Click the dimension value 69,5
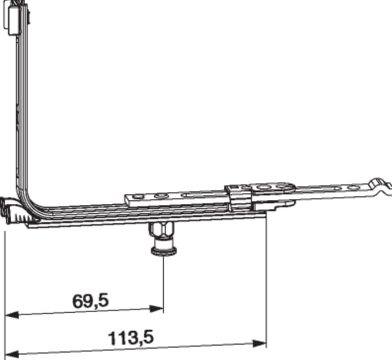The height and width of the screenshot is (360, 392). click(x=90, y=301)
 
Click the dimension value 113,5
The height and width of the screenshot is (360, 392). click(x=131, y=338)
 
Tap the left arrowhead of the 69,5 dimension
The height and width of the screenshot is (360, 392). click(x=12, y=315)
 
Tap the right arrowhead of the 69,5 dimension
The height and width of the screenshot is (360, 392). click(x=156, y=309)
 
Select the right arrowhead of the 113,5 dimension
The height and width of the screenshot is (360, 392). click(x=259, y=343)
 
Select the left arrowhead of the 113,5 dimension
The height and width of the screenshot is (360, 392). click(x=12, y=355)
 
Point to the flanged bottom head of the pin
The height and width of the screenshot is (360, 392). click(x=164, y=250)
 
